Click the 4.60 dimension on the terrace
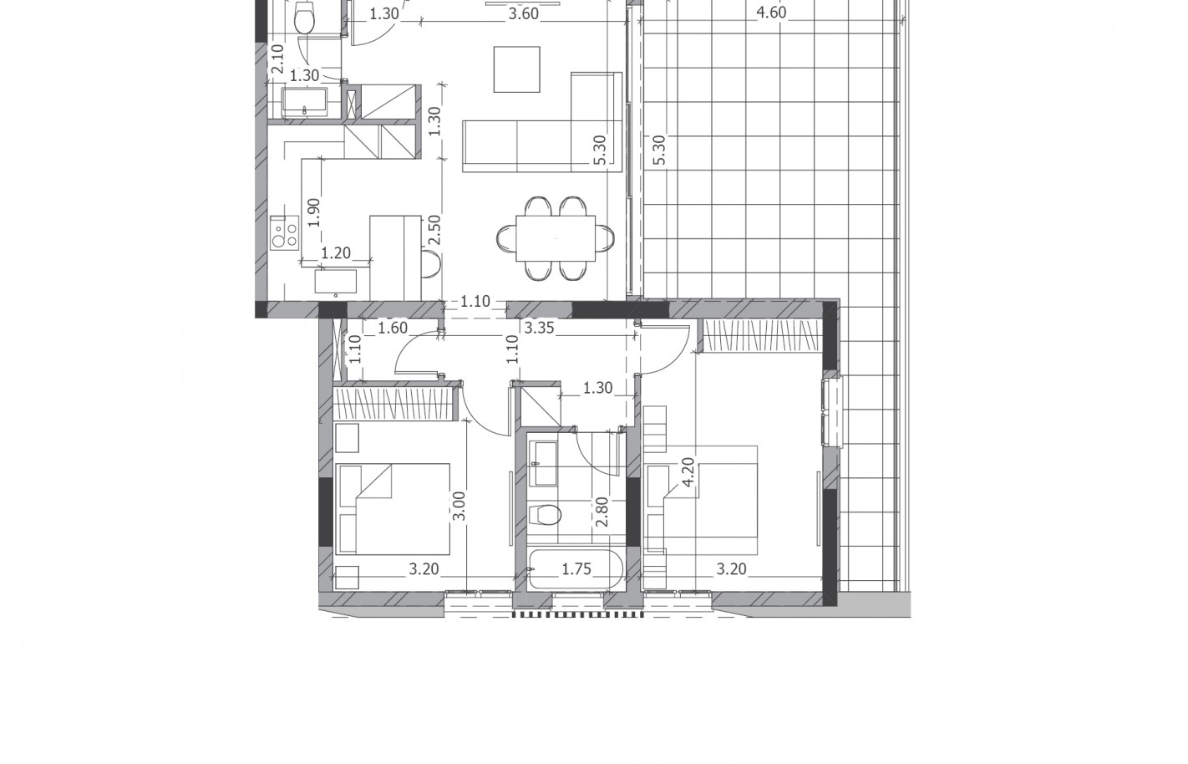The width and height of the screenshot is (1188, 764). click(770, 13)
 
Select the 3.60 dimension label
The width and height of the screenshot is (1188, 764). click(524, 14)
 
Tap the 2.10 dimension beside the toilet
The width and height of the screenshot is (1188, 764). click(277, 59)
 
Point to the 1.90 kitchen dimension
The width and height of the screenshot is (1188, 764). click(313, 212)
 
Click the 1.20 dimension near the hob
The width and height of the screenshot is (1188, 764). click(336, 253)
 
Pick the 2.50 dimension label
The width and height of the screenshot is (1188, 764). click(434, 230)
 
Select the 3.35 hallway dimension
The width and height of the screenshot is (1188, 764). click(539, 328)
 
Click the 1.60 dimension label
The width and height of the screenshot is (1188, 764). click(393, 328)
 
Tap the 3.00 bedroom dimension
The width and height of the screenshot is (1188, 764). click(459, 507)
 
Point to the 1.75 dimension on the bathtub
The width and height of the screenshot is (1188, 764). click(576, 569)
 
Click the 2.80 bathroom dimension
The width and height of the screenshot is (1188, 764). click(602, 512)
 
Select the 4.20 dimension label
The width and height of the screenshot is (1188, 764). click(688, 472)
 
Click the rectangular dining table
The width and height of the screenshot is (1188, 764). click(556, 238)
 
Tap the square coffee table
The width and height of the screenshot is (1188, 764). click(517, 69)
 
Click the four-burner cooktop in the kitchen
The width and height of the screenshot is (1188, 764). click(284, 233)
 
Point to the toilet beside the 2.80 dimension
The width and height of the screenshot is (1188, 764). click(546, 515)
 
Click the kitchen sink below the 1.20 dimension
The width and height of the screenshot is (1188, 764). click(336, 282)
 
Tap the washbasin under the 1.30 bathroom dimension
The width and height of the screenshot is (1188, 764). click(304, 103)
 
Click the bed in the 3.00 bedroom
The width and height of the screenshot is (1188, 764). click(393, 509)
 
